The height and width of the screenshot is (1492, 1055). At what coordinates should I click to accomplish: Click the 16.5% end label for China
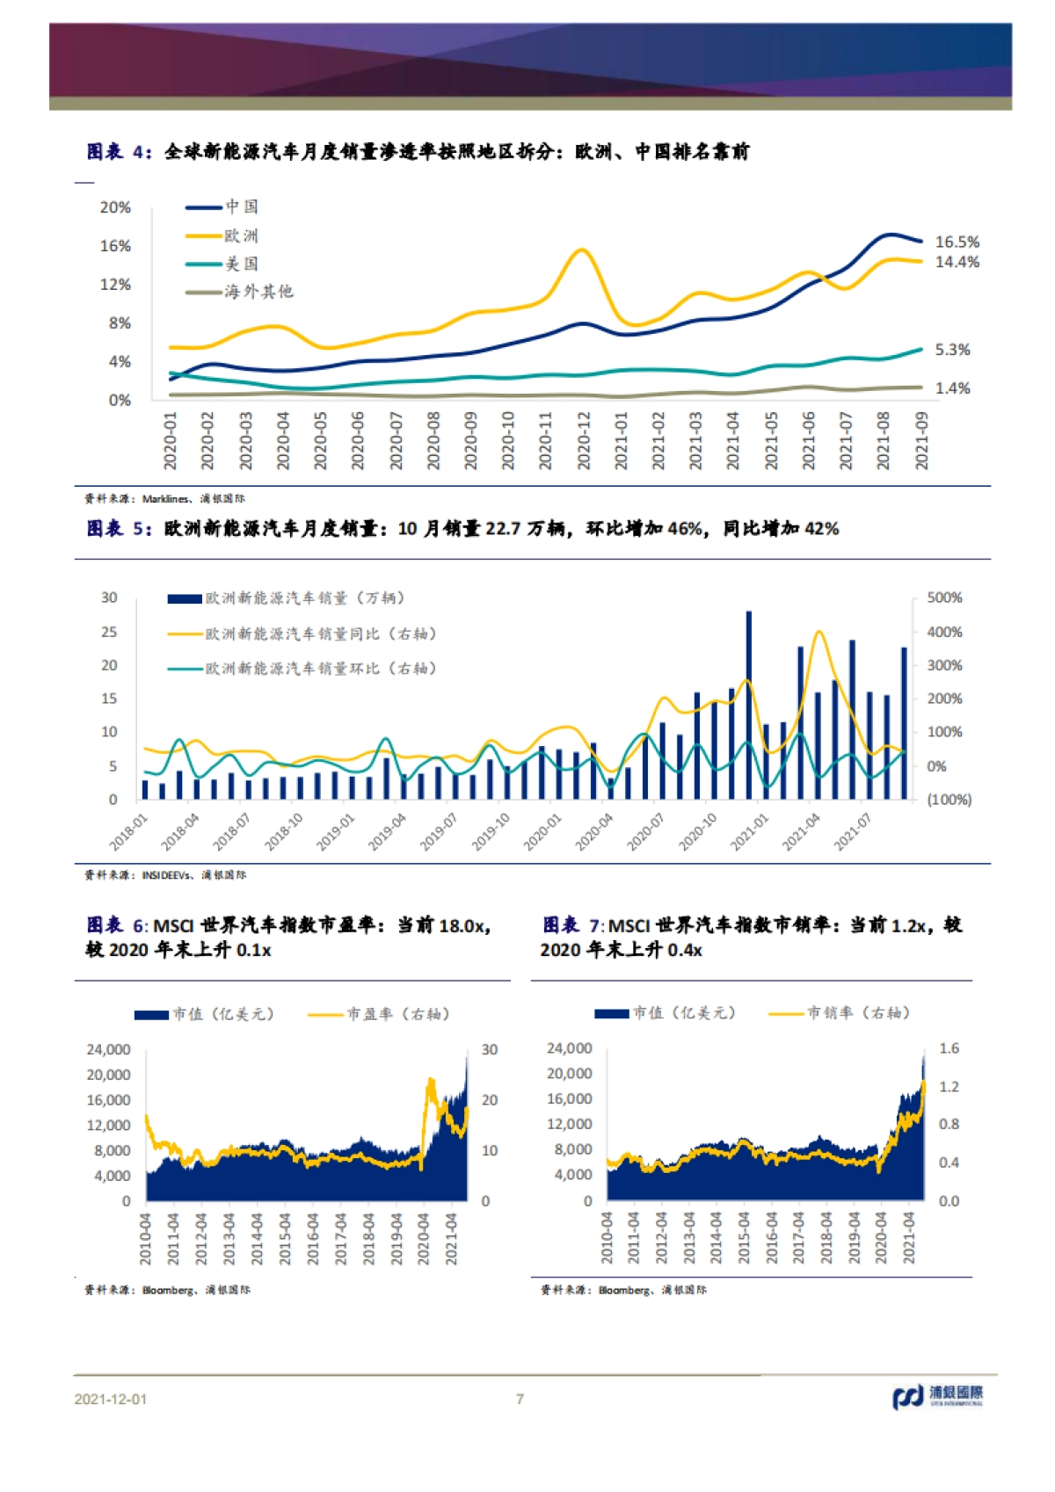(x=957, y=242)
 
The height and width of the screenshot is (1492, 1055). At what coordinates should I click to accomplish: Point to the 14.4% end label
(x=957, y=262)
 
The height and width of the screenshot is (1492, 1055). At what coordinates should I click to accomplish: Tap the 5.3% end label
(x=952, y=350)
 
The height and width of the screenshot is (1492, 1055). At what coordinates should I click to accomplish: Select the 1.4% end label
(x=952, y=388)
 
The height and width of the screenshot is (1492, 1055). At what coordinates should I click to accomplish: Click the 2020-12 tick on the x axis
(x=584, y=440)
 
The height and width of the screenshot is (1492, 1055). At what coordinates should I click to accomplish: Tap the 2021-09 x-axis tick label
(x=922, y=440)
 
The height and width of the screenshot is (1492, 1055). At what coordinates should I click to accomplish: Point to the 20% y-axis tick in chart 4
(x=115, y=207)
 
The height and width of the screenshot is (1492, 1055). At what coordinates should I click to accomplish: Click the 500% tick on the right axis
(x=944, y=598)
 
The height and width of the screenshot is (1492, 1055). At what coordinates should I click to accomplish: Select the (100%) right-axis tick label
(x=949, y=800)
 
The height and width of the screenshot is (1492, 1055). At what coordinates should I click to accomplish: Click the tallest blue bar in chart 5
(x=749, y=703)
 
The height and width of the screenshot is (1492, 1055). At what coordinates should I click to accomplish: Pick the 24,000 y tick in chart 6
(x=108, y=1049)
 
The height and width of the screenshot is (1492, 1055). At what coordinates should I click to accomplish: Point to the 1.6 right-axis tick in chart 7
(x=949, y=1048)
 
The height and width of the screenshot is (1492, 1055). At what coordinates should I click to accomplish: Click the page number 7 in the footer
(x=520, y=1399)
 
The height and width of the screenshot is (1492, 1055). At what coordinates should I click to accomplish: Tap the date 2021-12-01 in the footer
(x=111, y=1399)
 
